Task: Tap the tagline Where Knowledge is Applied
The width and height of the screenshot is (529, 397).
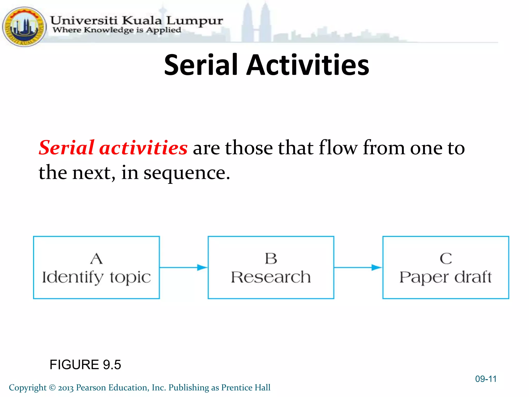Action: [117, 30]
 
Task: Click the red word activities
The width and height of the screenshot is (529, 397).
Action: [143, 148]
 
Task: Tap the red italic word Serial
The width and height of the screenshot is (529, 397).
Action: [66, 148]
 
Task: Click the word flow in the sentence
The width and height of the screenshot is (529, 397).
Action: [338, 148]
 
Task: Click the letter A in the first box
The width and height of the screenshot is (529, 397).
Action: [96, 258]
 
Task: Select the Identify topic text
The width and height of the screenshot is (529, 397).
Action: [96, 278]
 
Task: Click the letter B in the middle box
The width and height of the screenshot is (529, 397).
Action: [271, 258]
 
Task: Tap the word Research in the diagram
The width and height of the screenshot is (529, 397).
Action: [271, 277]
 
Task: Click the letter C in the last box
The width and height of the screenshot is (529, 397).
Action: [446, 258]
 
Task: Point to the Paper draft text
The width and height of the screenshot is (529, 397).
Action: [446, 278]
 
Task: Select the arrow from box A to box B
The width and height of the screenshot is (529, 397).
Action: [184, 268]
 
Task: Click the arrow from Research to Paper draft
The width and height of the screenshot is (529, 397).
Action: [358, 268]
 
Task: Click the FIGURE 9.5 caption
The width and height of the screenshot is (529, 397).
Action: [85, 365]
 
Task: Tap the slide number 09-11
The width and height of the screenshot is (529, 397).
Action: [486, 379]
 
